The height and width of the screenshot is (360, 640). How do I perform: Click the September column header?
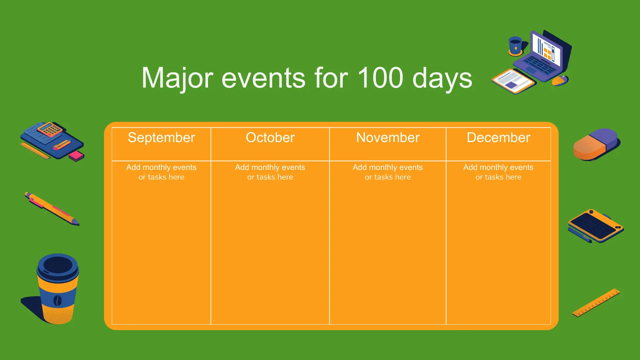point(161,138)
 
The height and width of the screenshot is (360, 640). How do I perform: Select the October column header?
point(270,138)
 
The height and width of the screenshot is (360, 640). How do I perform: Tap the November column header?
point(388,138)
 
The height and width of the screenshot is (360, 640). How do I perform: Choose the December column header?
point(498,138)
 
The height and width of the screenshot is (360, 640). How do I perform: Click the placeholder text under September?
point(161,172)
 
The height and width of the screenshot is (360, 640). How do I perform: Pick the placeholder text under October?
point(270,172)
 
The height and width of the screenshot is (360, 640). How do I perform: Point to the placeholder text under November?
point(388,172)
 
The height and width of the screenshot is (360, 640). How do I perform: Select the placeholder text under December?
point(498,172)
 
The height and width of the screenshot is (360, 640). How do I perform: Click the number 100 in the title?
point(380,78)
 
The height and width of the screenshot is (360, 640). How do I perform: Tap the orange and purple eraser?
point(597,144)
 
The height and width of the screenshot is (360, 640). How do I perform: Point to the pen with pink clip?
point(52,209)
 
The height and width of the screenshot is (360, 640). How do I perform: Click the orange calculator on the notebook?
point(50,129)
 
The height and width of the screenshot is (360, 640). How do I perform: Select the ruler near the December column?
point(596,303)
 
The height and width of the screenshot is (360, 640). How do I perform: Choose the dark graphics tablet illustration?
point(596,226)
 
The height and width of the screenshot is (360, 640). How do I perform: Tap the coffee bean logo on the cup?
point(57,300)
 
